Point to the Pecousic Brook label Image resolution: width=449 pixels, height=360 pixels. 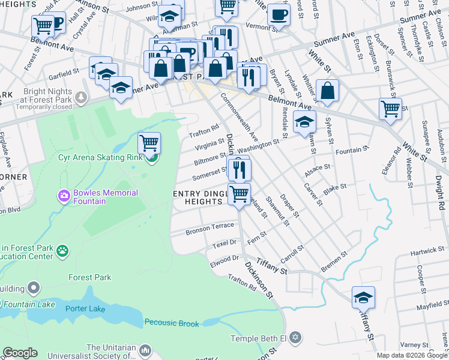coord(171,323)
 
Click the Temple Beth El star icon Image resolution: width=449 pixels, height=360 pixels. coord(294,338)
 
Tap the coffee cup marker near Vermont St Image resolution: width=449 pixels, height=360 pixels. coord(278,15)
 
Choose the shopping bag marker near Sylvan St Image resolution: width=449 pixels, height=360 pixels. coord(327,91)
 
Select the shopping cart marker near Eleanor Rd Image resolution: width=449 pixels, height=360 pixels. coord(390,109)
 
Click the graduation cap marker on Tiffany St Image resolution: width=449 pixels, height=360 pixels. coord(363,298)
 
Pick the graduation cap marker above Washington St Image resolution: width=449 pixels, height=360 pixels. coord(304,122)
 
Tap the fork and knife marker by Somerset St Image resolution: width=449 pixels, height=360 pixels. coord(240,170)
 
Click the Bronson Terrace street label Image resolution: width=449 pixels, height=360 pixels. coord(209,229)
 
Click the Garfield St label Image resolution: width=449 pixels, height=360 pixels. coord(64,72)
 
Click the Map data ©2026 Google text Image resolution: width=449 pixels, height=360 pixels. coord(412,355)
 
